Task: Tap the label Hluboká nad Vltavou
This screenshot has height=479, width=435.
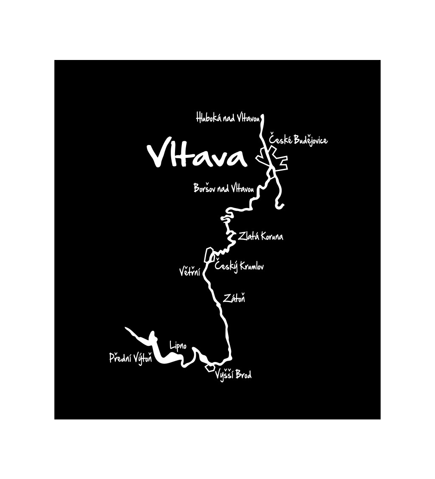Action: (x=228, y=117)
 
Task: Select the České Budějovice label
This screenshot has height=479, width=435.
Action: (x=298, y=139)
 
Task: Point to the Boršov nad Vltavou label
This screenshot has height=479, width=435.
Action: (x=224, y=188)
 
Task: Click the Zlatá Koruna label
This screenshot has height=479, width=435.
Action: (x=260, y=237)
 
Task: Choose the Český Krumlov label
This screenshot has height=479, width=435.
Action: (x=239, y=266)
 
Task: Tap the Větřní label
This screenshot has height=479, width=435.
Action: (x=189, y=271)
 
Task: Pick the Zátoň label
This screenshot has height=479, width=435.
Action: (x=234, y=298)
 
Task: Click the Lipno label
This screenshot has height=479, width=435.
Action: (x=178, y=345)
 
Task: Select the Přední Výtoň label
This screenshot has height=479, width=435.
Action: (x=130, y=359)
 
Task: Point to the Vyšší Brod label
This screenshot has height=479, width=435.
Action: (x=233, y=375)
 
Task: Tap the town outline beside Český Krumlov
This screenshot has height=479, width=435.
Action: (x=208, y=254)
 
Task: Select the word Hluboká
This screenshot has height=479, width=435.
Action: (x=209, y=117)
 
